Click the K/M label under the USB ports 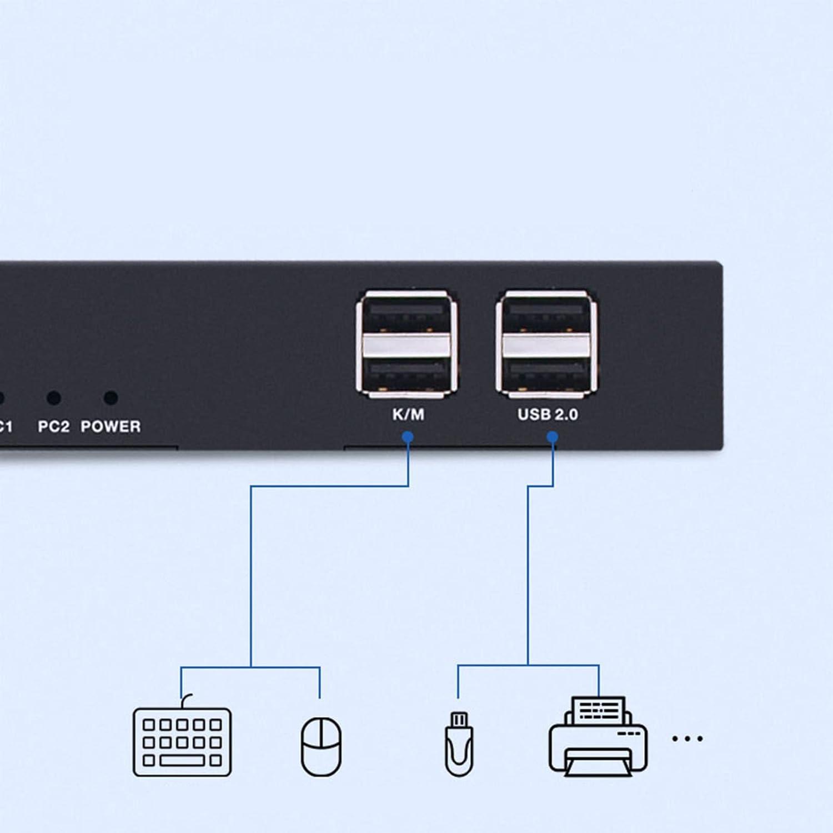click(x=408, y=414)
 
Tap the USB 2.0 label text click(x=548, y=414)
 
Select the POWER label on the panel click(x=111, y=426)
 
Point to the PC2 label click(x=54, y=426)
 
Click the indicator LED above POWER click(x=111, y=398)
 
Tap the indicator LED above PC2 click(x=54, y=398)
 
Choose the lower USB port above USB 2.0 click(x=547, y=373)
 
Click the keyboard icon click(x=182, y=741)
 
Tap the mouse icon click(x=321, y=746)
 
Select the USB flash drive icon click(x=459, y=744)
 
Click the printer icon click(x=598, y=737)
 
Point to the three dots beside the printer click(x=688, y=739)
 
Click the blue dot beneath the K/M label click(x=408, y=437)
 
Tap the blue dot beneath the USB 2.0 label click(x=553, y=437)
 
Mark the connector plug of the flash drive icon click(x=459, y=720)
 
